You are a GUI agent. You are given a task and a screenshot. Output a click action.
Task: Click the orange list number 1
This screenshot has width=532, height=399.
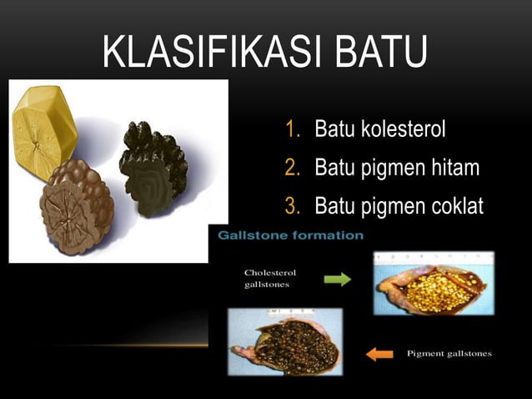click(293, 129)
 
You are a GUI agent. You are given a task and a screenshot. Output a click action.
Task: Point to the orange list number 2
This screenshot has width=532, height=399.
click(293, 168)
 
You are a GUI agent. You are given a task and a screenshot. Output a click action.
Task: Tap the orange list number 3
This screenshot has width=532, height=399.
click(293, 205)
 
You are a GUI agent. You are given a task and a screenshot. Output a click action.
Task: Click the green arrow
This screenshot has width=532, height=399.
click(337, 280)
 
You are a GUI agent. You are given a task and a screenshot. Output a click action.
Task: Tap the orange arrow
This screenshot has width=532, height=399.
click(379, 354)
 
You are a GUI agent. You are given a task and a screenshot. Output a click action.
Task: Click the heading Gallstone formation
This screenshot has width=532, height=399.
click(291, 235)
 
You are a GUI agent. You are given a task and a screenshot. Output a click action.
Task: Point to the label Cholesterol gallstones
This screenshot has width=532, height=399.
click(269, 279)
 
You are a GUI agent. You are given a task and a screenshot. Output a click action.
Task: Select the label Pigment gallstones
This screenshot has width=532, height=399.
click(449, 354)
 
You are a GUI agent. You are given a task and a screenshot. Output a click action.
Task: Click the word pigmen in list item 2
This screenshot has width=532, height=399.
click(390, 168)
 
